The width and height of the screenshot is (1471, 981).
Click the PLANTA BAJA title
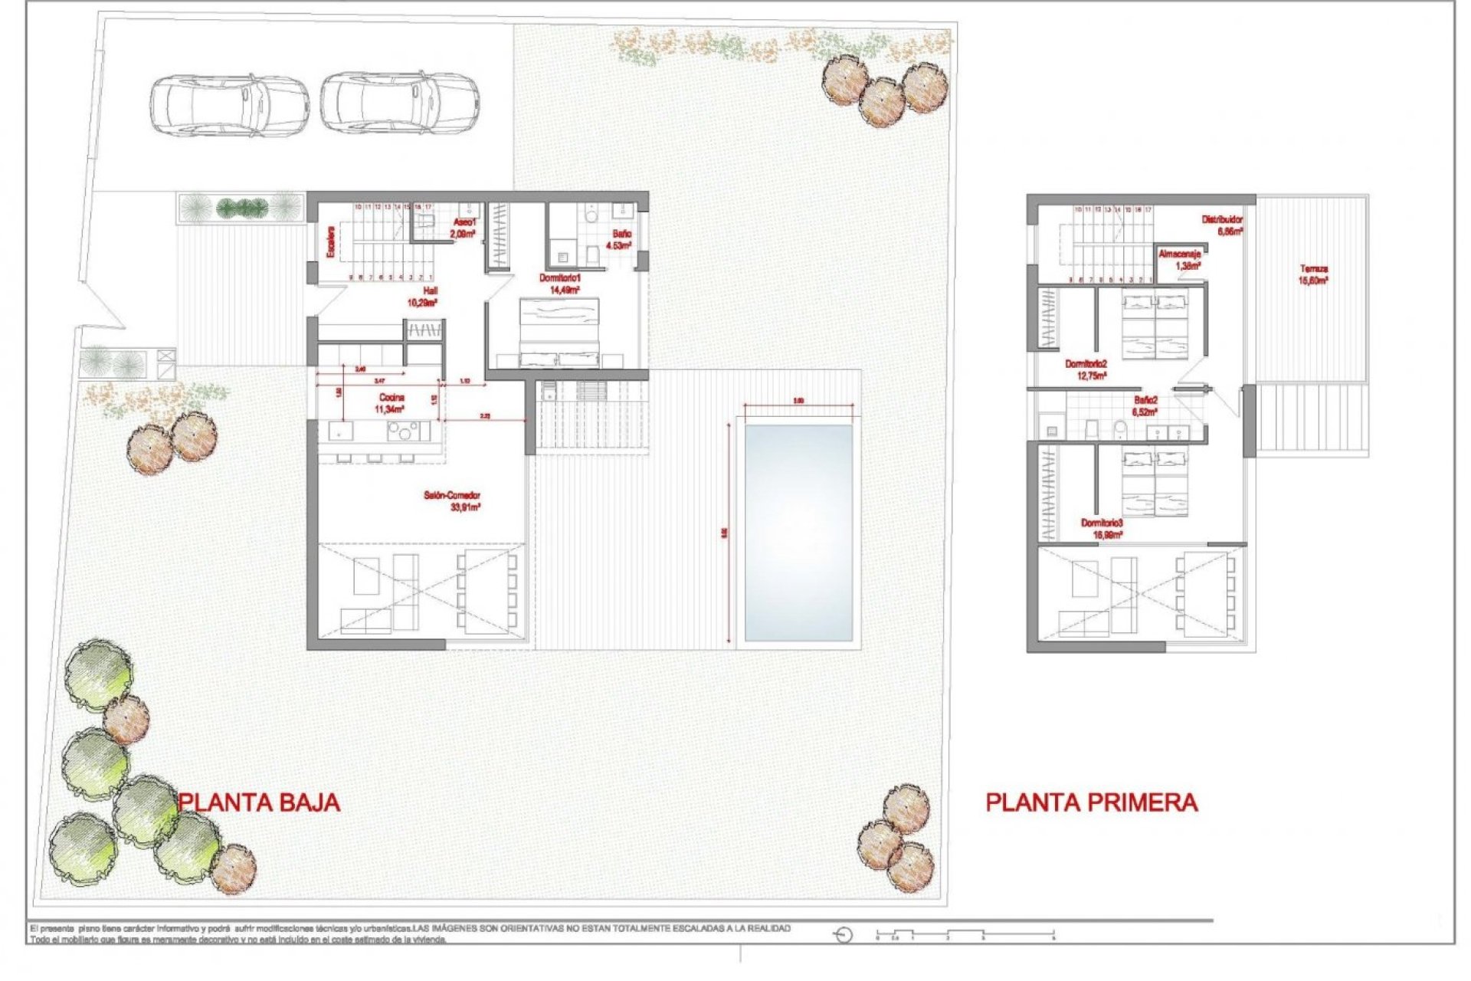(259, 802)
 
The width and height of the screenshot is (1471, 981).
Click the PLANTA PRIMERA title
(1091, 802)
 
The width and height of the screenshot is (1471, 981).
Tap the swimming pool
(798, 533)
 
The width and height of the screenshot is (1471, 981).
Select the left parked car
(228, 105)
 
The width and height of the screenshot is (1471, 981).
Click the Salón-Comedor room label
(452, 501)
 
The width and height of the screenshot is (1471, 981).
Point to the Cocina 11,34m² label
(391, 403)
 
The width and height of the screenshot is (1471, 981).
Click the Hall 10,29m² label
(422, 297)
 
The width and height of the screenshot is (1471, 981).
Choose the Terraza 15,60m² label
(1313, 274)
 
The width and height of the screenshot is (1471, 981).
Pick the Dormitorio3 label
(1102, 529)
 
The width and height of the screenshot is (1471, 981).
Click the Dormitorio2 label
(1086, 369)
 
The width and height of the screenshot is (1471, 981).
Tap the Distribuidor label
(1223, 225)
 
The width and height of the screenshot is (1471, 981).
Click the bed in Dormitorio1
(559, 333)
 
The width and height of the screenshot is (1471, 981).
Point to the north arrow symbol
(843, 935)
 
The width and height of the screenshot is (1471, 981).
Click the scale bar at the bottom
(965, 934)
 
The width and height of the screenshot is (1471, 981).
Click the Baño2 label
(1145, 405)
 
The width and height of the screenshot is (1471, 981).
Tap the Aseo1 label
(464, 228)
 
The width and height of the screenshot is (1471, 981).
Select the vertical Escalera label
(331, 241)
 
